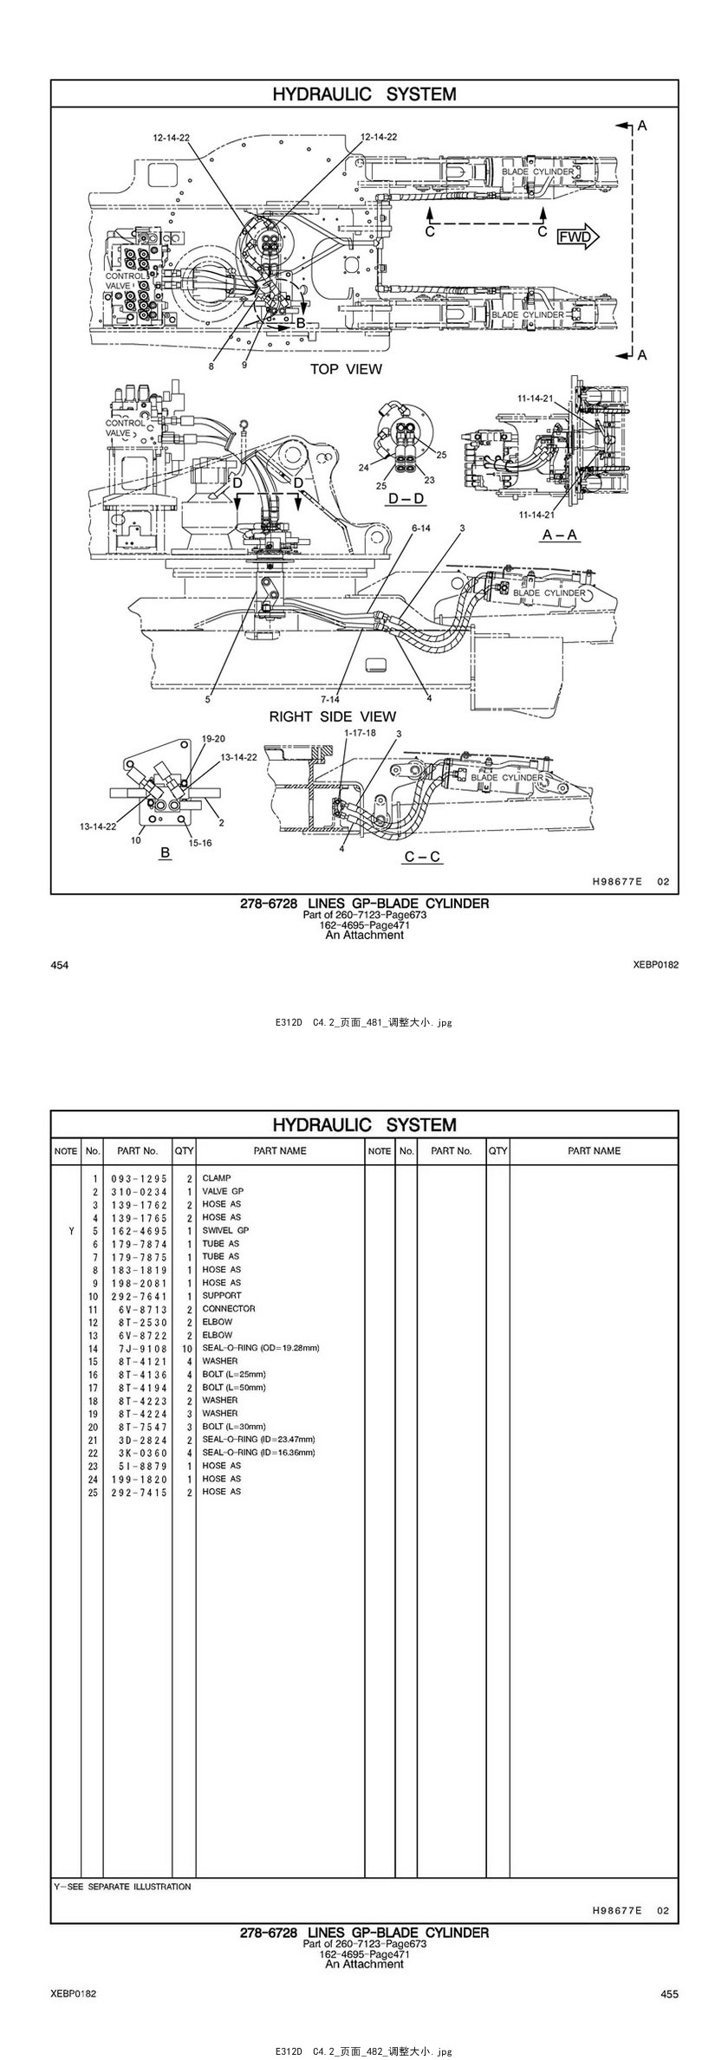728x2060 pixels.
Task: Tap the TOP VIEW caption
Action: (346, 369)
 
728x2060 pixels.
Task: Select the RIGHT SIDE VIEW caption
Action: (332, 716)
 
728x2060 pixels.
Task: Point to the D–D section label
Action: (406, 499)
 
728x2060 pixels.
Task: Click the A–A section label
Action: (559, 535)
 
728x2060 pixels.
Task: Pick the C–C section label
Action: (422, 857)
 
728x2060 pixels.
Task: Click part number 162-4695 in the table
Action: (139, 1230)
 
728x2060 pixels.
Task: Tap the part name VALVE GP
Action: (223, 1191)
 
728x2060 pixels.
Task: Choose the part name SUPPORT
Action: (222, 1295)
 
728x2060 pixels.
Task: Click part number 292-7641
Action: (139, 1296)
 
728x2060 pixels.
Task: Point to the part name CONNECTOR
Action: (229, 1308)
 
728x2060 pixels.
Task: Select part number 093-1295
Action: (139, 1179)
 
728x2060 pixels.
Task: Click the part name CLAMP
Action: (217, 1178)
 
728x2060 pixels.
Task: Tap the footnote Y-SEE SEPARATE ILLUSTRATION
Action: (122, 1886)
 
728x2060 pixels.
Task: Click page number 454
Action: (60, 964)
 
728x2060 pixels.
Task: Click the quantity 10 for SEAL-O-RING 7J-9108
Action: (186, 1348)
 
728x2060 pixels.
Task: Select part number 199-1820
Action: (139, 1479)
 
